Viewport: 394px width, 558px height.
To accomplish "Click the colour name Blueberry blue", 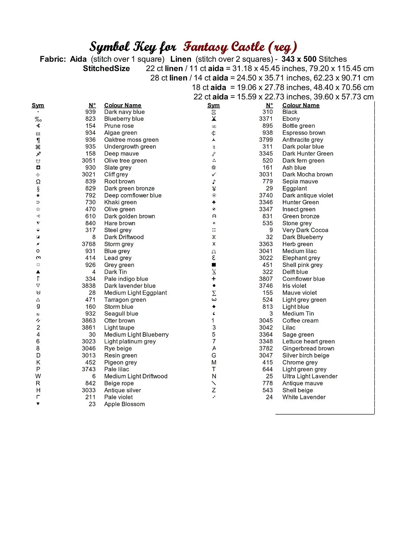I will coord(124,119).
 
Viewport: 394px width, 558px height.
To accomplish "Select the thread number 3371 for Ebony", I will coord(266,119).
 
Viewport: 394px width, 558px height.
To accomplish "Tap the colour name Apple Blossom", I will coord(125,404).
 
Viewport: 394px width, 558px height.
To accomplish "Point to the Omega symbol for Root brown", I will coord(38,182).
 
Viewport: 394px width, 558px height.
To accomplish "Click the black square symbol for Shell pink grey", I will coord(214,265).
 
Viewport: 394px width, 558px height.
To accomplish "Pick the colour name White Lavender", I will coord(304,397).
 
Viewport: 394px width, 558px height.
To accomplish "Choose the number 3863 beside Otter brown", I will coord(89,320).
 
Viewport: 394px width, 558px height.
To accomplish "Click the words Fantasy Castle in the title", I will coord(224,47).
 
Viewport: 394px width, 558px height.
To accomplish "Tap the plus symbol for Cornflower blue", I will coord(214,279).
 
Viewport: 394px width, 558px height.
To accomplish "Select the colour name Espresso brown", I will coord(304,133).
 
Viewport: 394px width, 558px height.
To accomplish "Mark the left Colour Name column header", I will coord(123,105).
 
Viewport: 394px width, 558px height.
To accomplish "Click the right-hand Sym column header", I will coord(213,105).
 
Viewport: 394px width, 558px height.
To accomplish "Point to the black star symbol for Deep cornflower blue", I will coord(38,195).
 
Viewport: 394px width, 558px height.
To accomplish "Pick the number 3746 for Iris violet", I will coord(266,286).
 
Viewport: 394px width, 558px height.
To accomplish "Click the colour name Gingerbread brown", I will coord(308,348).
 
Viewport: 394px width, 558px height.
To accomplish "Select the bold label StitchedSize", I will coord(106,68).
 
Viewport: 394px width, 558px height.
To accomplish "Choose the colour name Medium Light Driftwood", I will coord(136,376).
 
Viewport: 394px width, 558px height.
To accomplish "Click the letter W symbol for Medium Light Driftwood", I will coord(38,376).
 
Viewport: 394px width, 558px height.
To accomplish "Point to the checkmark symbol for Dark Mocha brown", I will coord(214,174).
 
